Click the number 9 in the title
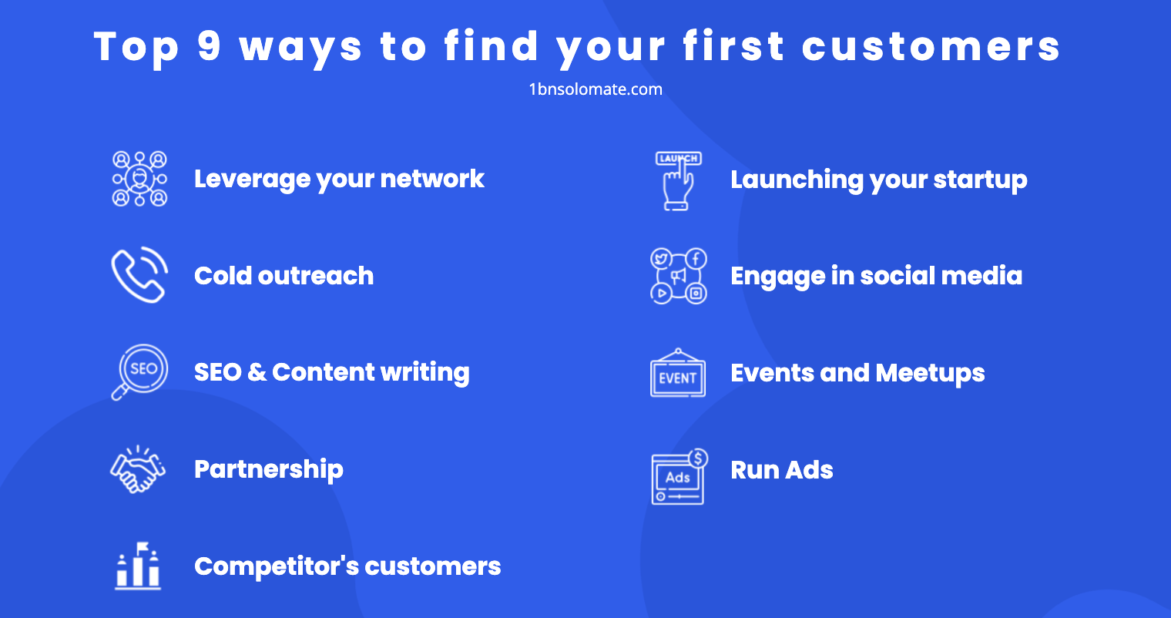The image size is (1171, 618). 209,46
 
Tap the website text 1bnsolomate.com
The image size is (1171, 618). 596,89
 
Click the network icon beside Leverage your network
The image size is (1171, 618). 139,179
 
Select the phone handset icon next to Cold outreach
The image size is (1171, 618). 139,275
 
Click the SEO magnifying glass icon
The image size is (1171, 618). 139,371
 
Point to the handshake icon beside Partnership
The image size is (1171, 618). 138,469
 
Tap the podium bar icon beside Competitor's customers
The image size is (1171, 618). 138,566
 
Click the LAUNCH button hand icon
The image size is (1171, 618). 678,180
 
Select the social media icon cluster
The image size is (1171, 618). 678,276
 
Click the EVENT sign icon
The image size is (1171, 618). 678,374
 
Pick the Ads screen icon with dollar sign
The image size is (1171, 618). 679,477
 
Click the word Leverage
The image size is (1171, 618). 251,180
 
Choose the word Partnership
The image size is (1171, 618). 268,469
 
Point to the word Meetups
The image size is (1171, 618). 930,374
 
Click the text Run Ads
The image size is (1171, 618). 781,470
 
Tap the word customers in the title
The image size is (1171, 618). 931,46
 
